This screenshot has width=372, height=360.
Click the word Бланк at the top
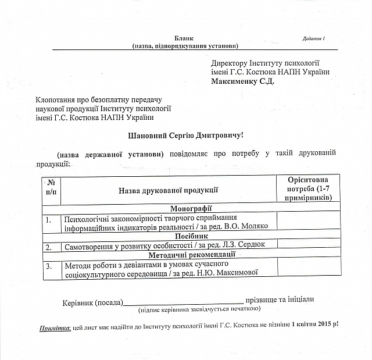click(184, 38)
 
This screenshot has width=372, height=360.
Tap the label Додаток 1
click(314, 38)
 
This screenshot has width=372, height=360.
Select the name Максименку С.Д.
click(242, 81)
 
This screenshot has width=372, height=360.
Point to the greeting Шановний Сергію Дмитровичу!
click(185, 135)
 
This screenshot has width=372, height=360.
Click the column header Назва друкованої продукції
click(168, 190)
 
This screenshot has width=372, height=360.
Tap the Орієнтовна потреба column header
click(307, 189)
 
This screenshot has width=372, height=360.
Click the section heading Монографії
click(191, 208)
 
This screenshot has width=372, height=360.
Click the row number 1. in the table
click(49, 219)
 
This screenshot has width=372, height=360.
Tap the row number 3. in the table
click(49, 266)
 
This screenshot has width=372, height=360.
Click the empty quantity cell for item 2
click(307, 245)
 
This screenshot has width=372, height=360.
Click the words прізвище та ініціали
click(281, 299)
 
